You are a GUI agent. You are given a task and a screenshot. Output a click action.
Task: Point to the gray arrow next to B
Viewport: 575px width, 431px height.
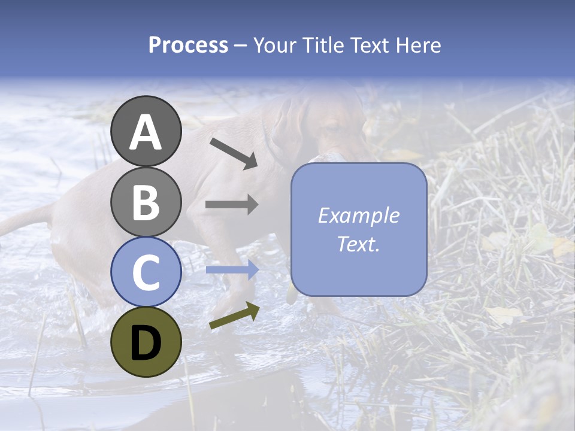tap(232, 205)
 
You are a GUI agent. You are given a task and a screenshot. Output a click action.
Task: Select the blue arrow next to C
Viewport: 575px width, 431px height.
tap(232, 270)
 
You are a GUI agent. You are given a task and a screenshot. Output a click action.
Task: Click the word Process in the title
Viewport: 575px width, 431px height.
tap(188, 45)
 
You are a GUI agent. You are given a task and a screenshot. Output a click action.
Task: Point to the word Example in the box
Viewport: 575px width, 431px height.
tap(358, 215)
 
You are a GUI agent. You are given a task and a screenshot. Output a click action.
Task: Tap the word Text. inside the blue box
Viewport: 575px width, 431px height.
tap(358, 244)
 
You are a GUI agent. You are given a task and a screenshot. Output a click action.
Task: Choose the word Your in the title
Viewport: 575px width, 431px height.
tap(274, 45)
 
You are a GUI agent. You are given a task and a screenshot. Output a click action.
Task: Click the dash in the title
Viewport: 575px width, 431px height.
tap(240, 45)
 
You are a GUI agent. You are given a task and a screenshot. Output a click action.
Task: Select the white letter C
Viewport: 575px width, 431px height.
tap(146, 273)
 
